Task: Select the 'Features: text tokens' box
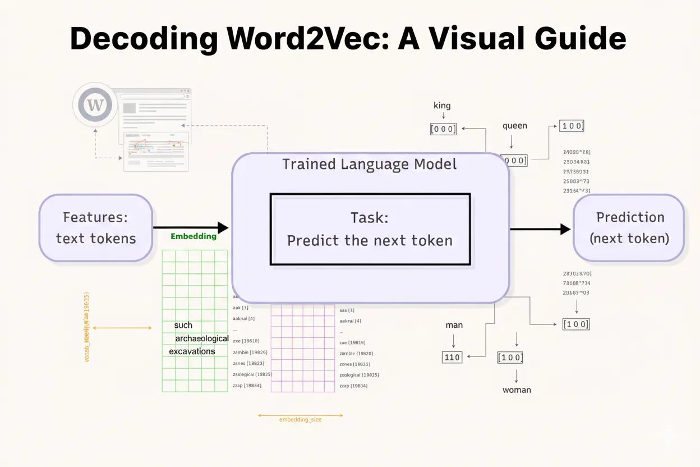coord(96,227)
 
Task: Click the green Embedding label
coord(193,236)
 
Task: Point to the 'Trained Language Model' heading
coord(369,164)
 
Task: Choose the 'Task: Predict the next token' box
coord(370,229)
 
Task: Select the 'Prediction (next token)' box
coord(629,227)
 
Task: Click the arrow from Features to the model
coord(191,227)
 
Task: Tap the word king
coord(442,106)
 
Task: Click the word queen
coord(514,126)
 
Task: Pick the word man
coord(454,325)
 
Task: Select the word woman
coord(517,390)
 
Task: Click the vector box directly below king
coord(443,129)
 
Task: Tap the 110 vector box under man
coord(452,356)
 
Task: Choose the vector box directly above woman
coord(510,358)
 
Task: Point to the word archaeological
coord(202,338)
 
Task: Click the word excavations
coord(192,351)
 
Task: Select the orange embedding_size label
coord(300,419)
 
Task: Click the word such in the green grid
coord(183,325)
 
